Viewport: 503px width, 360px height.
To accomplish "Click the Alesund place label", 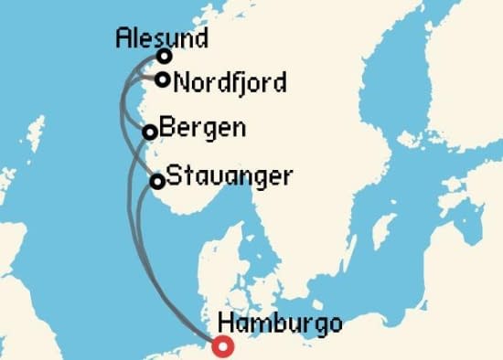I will pyautogui.click(x=163, y=37).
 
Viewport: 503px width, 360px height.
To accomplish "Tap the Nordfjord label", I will pyautogui.click(x=230, y=82).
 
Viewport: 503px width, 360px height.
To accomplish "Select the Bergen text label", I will pyautogui.click(x=202, y=128).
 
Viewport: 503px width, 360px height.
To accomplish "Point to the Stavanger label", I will pyautogui.click(x=229, y=175).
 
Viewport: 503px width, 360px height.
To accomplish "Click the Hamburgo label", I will pyautogui.click(x=281, y=323).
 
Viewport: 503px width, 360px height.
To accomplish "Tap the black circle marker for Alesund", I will pyautogui.click(x=165, y=57).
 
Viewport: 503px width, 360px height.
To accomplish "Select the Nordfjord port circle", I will pyautogui.click(x=162, y=79).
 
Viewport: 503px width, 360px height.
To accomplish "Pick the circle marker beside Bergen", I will pyautogui.click(x=150, y=132).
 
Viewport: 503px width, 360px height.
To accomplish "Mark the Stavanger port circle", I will pyautogui.click(x=156, y=181).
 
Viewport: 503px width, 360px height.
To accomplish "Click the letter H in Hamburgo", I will pyautogui.click(x=227, y=323).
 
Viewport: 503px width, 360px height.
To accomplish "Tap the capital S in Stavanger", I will pyautogui.click(x=174, y=175).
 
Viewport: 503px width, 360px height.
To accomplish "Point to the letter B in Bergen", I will pyautogui.click(x=166, y=128).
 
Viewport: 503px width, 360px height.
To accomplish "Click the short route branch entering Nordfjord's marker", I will pyautogui.click(x=146, y=81).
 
